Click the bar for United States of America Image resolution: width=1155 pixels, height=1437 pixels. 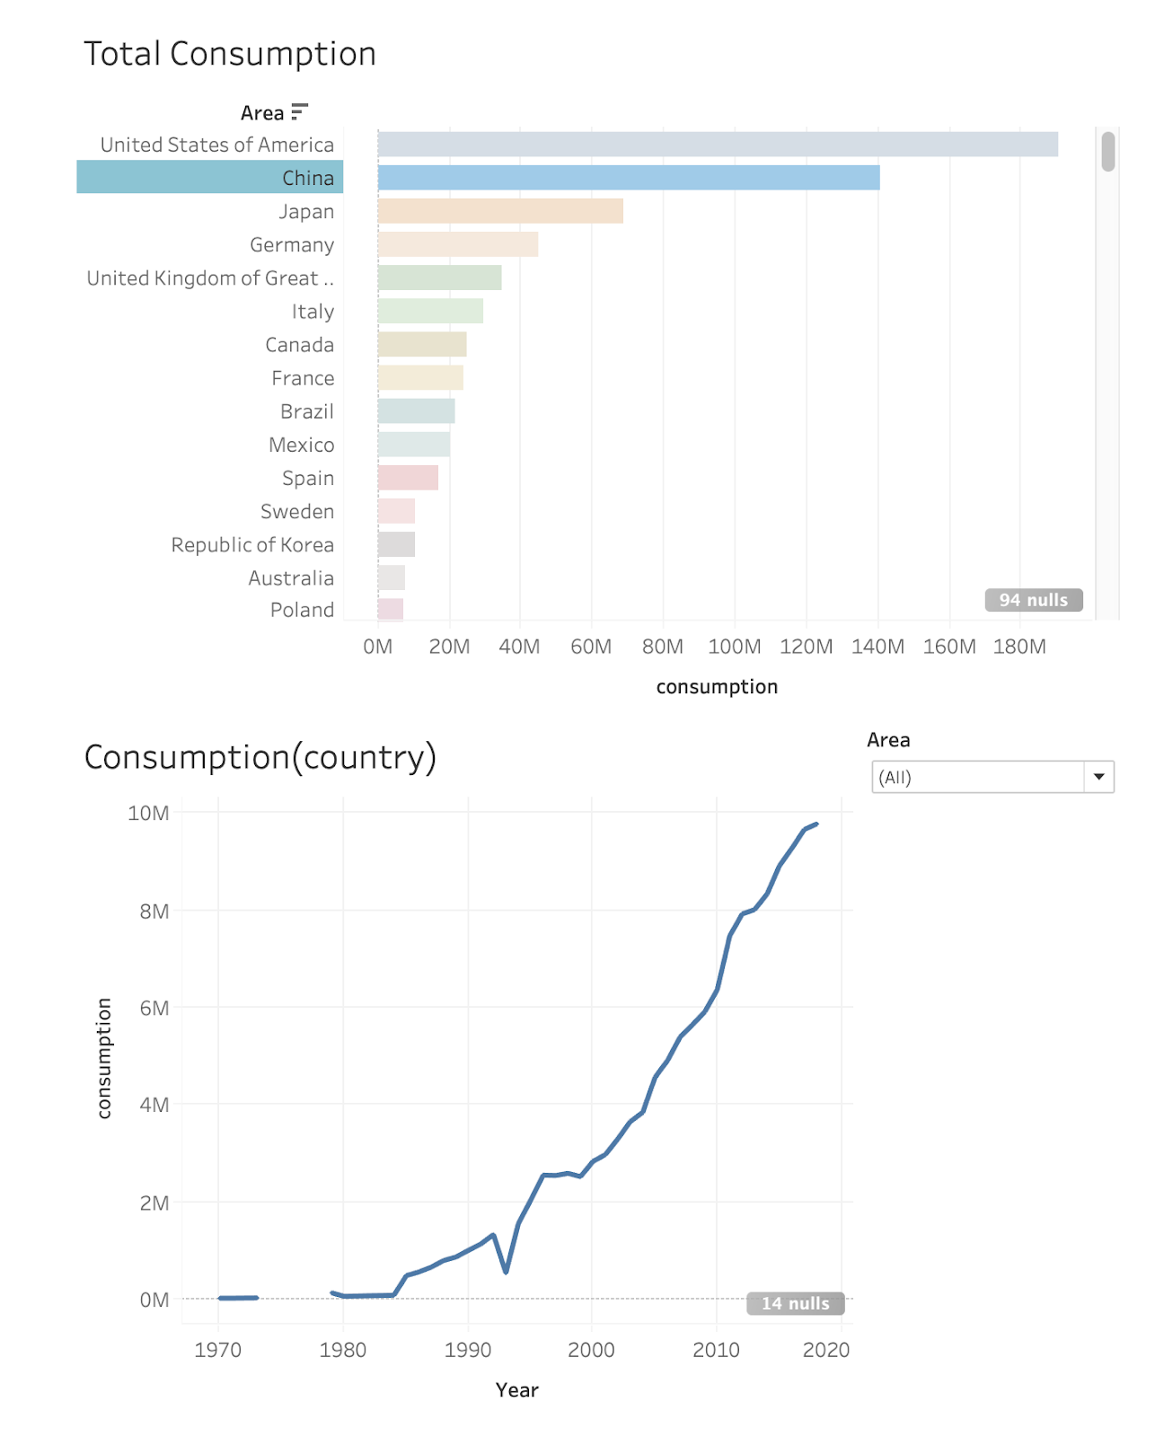(x=718, y=145)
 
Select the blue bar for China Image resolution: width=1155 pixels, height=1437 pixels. (x=629, y=178)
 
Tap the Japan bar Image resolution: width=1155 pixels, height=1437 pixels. (x=500, y=211)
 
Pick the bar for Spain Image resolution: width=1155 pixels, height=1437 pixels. (x=408, y=478)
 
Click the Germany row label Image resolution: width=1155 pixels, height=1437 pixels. (x=292, y=245)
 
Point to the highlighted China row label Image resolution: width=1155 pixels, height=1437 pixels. (x=308, y=178)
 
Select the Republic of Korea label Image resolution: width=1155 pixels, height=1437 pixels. (x=252, y=545)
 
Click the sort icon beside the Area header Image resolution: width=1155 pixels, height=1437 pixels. (x=300, y=112)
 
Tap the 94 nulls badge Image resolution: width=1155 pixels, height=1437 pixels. (x=1034, y=600)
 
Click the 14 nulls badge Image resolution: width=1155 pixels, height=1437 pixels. (x=795, y=1303)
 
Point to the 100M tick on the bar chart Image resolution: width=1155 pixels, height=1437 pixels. (x=735, y=647)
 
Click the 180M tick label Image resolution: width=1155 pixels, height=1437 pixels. (x=1019, y=647)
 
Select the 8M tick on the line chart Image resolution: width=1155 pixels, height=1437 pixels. (x=154, y=912)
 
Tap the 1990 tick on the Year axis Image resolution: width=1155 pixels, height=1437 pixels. (x=468, y=1350)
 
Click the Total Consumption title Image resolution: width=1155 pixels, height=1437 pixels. (x=230, y=54)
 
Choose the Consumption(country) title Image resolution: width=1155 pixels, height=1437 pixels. (x=260, y=757)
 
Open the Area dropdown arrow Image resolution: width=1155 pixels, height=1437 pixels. (x=1098, y=777)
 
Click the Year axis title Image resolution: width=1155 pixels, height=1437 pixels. (x=516, y=1390)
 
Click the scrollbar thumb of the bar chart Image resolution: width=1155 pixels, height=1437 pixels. (x=1108, y=151)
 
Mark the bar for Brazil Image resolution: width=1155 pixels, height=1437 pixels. (x=416, y=411)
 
